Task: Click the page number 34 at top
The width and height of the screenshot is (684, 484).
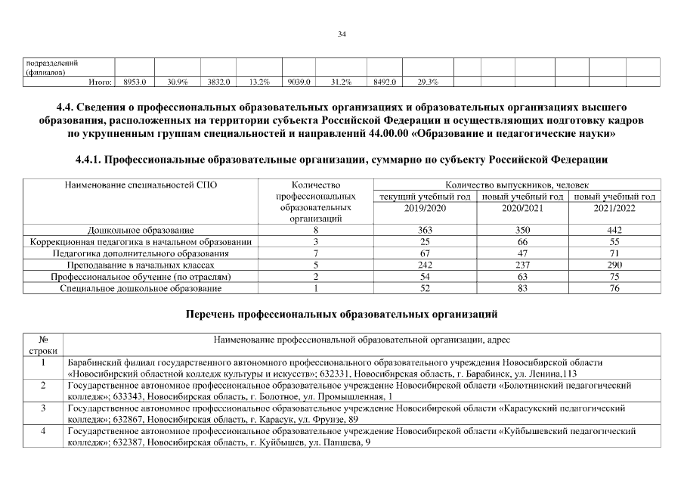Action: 342,33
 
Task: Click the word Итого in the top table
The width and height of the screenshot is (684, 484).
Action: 101,81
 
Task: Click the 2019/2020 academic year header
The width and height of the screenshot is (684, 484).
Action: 426,207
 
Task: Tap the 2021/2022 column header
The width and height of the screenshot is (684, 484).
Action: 614,207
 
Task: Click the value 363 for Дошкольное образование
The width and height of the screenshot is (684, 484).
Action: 426,230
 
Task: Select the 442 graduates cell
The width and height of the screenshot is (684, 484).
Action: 614,230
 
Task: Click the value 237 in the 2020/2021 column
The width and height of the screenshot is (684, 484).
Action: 522,265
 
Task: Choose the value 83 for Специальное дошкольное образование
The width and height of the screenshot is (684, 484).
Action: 522,289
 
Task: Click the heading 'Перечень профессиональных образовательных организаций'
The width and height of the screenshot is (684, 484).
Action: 342,313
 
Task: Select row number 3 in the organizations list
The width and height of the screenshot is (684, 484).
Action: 44,408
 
